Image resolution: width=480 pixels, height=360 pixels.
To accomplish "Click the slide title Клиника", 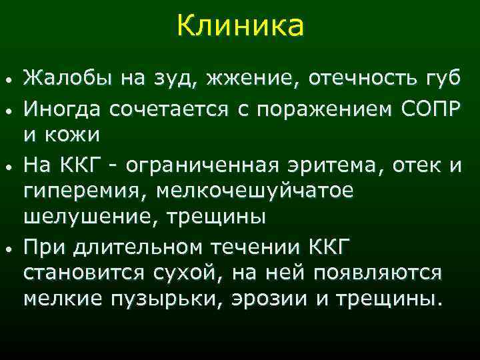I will point(240,27).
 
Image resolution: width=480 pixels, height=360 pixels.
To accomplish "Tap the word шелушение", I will point(79,218).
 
